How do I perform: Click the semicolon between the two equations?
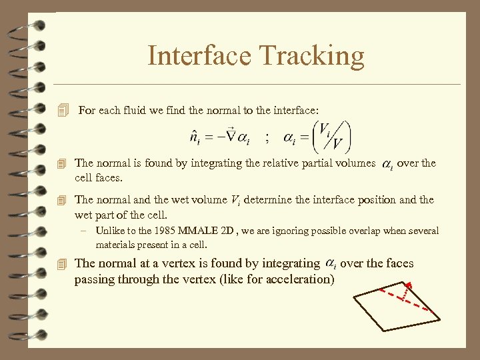[x=267, y=138]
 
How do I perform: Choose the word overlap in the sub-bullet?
[x=373, y=231]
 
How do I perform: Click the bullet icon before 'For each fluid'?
[x=63, y=111]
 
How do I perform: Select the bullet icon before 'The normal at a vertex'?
[x=63, y=264]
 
